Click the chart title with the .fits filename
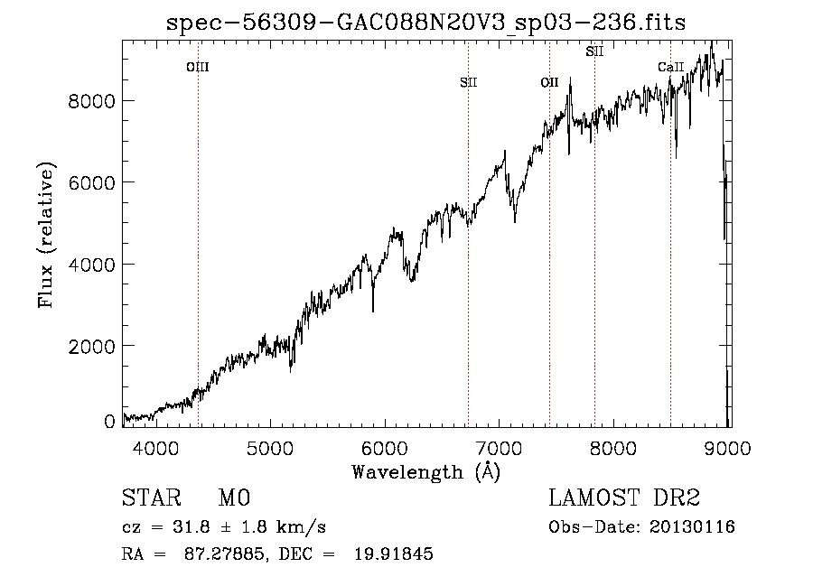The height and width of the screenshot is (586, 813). pyautogui.click(x=425, y=23)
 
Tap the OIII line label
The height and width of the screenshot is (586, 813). pyautogui.click(x=198, y=68)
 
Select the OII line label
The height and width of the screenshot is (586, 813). pyautogui.click(x=549, y=82)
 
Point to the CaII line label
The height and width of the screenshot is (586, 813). pyautogui.click(x=671, y=67)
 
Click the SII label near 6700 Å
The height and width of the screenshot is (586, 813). pyautogui.click(x=469, y=82)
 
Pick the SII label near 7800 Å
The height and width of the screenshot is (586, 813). pyautogui.click(x=594, y=51)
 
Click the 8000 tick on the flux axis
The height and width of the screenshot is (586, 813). pyautogui.click(x=92, y=101)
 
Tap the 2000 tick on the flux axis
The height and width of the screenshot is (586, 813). pyautogui.click(x=92, y=346)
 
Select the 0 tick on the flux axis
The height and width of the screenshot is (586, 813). pyautogui.click(x=109, y=422)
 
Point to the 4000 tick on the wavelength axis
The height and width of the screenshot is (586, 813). pyautogui.click(x=156, y=448)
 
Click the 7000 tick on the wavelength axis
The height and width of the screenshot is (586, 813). pyautogui.click(x=499, y=448)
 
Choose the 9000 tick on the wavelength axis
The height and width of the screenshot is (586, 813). pyautogui.click(x=727, y=448)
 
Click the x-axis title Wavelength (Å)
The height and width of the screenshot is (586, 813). pyautogui.click(x=426, y=472)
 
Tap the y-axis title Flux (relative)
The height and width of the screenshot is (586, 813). pyautogui.click(x=46, y=236)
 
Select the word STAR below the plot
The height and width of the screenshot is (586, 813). pyautogui.click(x=152, y=498)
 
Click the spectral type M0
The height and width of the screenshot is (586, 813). pyautogui.click(x=234, y=498)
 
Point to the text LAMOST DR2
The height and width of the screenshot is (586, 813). pyautogui.click(x=624, y=498)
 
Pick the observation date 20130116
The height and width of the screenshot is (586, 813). pyautogui.click(x=692, y=527)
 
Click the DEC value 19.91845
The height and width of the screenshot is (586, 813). pyautogui.click(x=394, y=553)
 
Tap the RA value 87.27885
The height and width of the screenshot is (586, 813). pyautogui.click(x=225, y=553)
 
